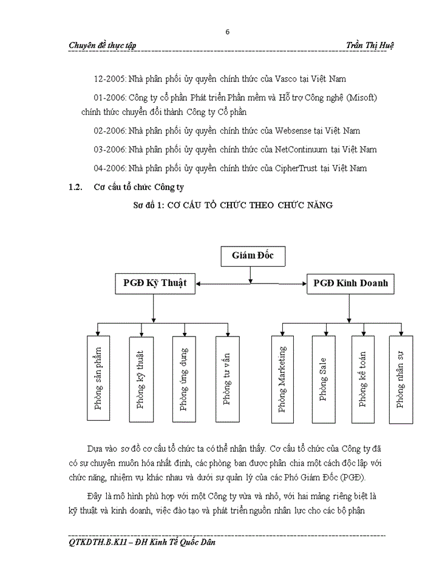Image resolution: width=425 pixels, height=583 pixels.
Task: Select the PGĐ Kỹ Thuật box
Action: pos(154,283)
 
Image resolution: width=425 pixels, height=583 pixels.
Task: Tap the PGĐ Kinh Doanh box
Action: pos(348,283)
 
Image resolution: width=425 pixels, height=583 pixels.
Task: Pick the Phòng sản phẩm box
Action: pos(99,378)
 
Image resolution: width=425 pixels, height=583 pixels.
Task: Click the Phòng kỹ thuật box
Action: pos(141,378)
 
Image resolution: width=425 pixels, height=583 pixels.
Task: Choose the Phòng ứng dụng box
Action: pos(184,378)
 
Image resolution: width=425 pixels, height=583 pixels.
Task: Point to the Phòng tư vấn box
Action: pos(227,378)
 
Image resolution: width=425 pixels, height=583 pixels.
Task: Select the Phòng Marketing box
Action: pos(282,379)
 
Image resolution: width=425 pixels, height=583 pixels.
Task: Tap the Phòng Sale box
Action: pos(323,379)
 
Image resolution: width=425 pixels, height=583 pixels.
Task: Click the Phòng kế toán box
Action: pos(363,379)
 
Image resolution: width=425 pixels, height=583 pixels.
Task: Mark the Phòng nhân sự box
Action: pos(400,379)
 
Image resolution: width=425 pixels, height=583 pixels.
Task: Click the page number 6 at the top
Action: pos(228,32)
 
